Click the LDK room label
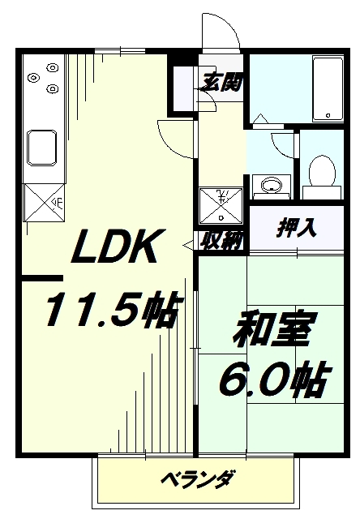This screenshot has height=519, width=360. tap(118, 247)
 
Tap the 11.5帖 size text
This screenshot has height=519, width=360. tap(113, 309)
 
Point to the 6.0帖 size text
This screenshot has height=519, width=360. tap(274, 380)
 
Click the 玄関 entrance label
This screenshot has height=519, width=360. tap(221, 82)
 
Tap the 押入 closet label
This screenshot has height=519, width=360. tap(297, 228)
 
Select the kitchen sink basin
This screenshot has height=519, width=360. tap(42, 148)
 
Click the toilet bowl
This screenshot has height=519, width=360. tap(322, 171)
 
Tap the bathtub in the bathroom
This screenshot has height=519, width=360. tap(328, 88)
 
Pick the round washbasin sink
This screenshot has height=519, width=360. tap(272, 185)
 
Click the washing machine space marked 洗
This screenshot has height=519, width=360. tap(221, 206)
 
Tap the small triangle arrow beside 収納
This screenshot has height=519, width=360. tap(188, 245)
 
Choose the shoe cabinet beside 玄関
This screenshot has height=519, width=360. tap(183, 88)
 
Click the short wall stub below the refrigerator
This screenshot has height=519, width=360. tap(42, 278)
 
